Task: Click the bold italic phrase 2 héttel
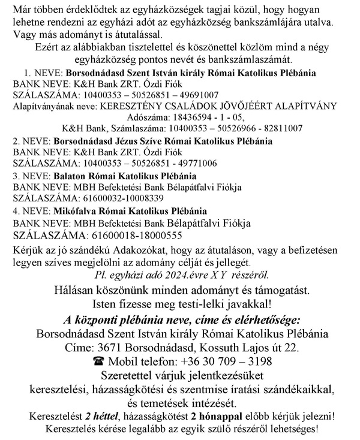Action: click(100, 416)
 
